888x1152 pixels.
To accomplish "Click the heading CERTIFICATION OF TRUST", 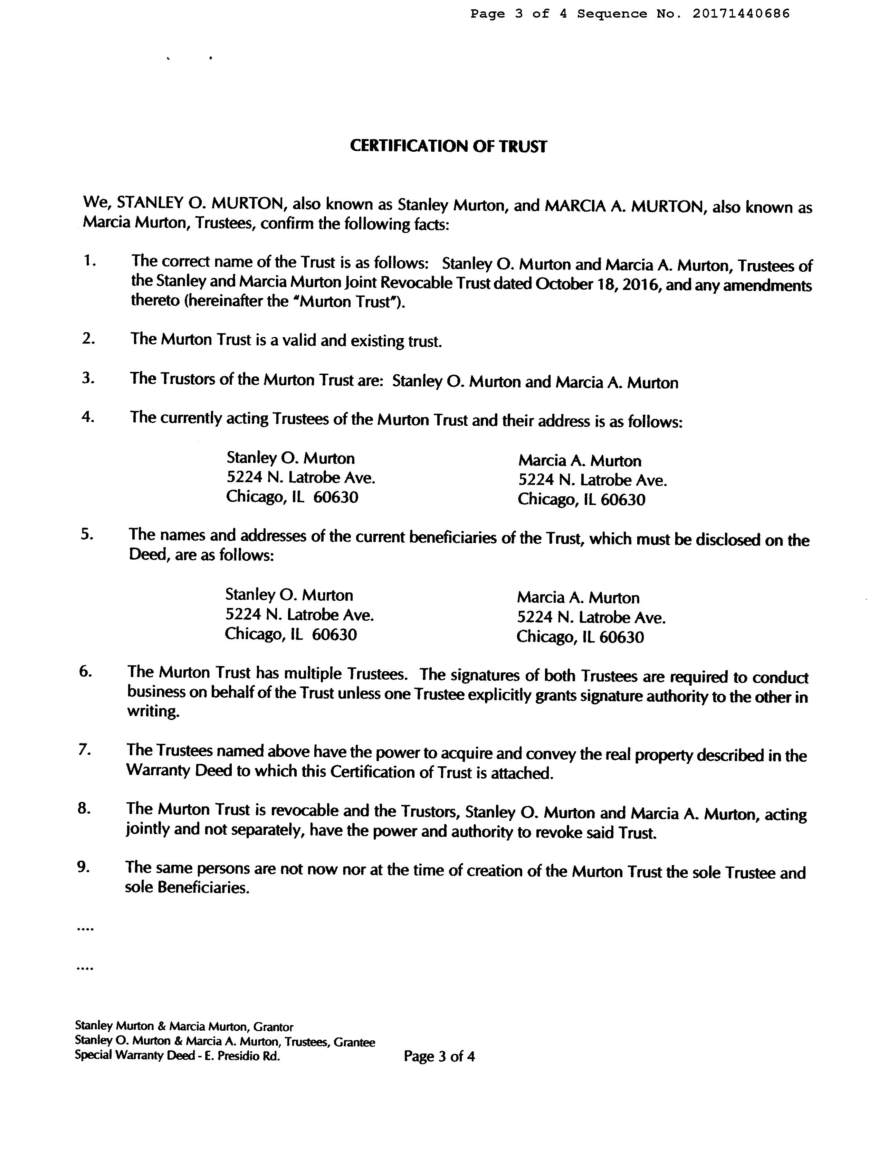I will coord(448,146).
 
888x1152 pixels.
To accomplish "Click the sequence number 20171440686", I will coord(741,14).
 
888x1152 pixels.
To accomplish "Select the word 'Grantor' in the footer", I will coord(273,1027).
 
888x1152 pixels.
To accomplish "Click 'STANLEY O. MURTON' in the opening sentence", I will coord(201,203).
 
